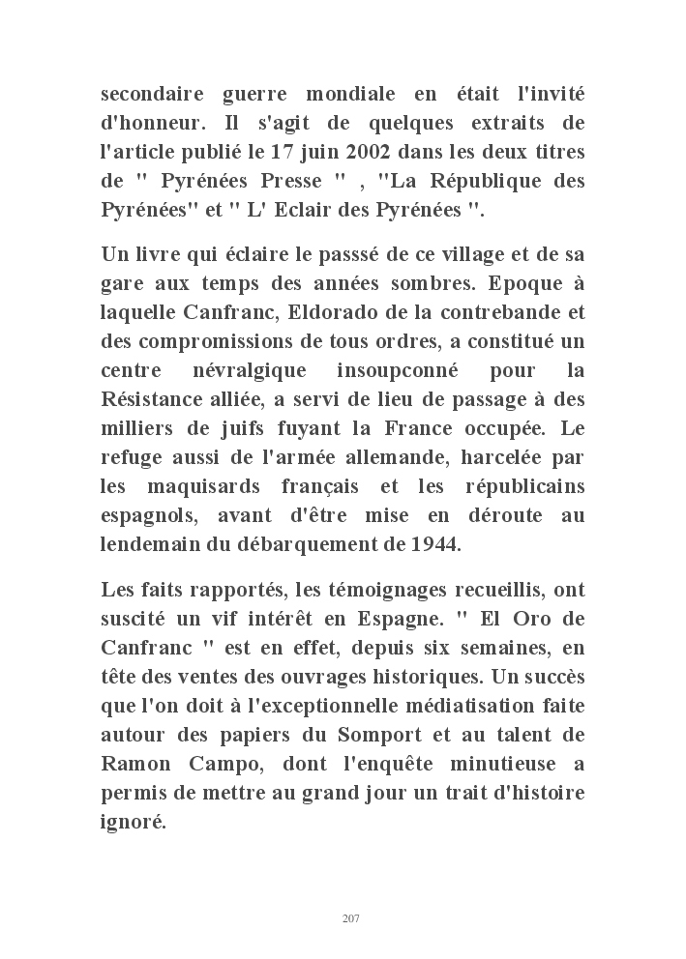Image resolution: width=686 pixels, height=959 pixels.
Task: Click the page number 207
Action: (351, 918)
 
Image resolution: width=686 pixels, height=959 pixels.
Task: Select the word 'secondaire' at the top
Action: (150, 97)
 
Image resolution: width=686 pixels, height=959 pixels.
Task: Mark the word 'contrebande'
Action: (518, 312)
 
